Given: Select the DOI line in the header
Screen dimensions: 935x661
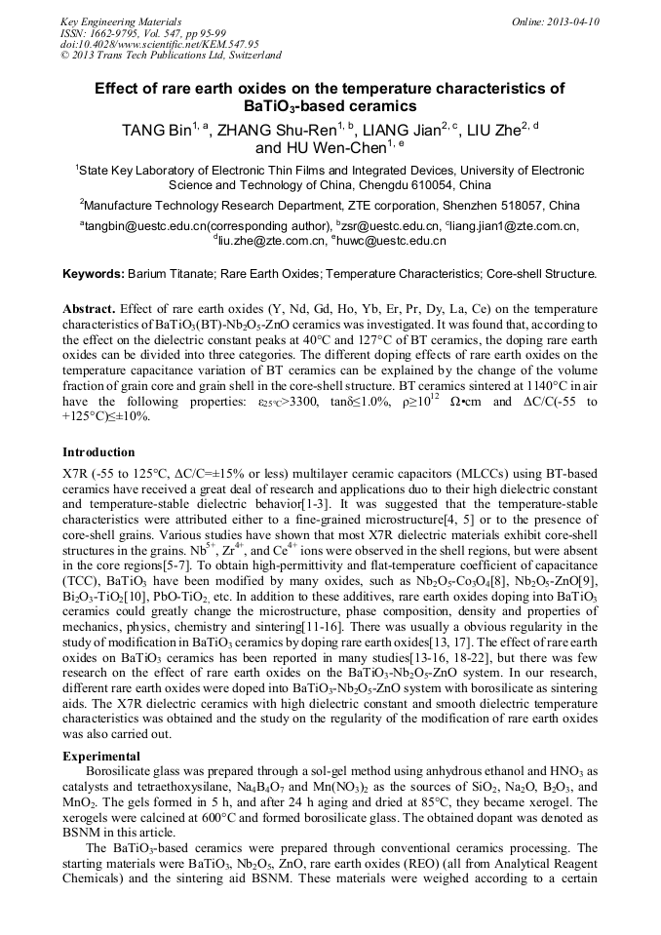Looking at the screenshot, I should click(133, 44).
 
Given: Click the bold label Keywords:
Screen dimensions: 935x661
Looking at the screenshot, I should click(93, 275).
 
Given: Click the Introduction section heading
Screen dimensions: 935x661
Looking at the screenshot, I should click(98, 452).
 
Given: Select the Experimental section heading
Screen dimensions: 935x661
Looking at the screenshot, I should click(101, 757).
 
